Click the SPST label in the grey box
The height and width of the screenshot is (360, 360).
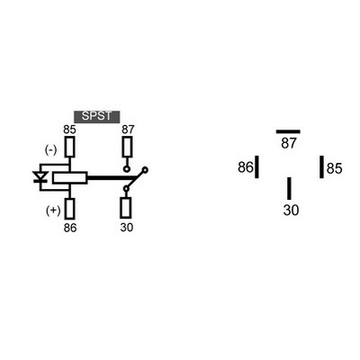pyautogui.click(x=96, y=116)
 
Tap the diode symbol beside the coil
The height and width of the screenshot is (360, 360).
pyautogui.click(x=40, y=177)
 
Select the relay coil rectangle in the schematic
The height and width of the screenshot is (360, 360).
pyautogui.click(x=70, y=178)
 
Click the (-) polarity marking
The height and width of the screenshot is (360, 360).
pyautogui.click(x=50, y=150)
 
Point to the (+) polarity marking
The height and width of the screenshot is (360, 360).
pyautogui.click(x=53, y=211)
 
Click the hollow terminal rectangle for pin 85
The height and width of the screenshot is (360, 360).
pyautogui.click(x=69, y=147)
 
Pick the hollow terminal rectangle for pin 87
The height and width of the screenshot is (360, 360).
pyautogui.click(x=127, y=147)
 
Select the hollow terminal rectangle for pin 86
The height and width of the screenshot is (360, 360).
pyautogui.click(x=69, y=208)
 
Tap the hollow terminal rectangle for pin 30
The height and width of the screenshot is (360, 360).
pyautogui.click(x=126, y=208)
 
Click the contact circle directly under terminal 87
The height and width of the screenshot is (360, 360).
pyautogui.click(x=127, y=169)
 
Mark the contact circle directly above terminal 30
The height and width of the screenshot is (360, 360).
pyautogui.click(x=126, y=189)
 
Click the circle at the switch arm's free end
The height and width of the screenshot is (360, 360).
pyautogui.click(x=145, y=170)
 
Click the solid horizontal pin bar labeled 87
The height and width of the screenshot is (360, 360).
pyautogui.click(x=288, y=131)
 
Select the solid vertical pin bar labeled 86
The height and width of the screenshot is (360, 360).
pyautogui.click(x=256, y=166)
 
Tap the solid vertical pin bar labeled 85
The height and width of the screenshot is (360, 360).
pyautogui.click(x=321, y=166)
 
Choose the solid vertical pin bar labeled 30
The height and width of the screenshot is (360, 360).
pyautogui.click(x=289, y=188)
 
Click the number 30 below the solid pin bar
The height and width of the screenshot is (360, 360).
pyautogui.click(x=291, y=210)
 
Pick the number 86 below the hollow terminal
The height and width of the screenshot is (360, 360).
pyautogui.click(x=70, y=228)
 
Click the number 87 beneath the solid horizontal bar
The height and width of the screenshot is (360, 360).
pyautogui.click(x=289, y=143)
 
